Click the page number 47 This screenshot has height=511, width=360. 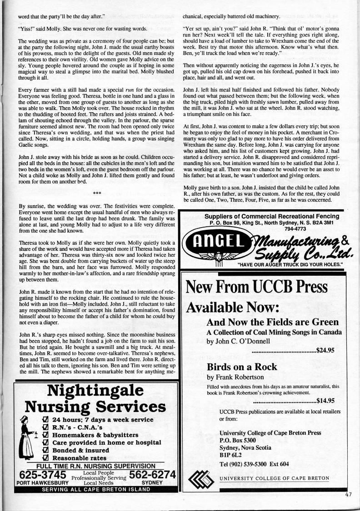[349, 495]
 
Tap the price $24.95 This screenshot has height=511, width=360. [325, 350]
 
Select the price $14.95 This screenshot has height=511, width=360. [325, 401]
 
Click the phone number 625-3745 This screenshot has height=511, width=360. [36, 474]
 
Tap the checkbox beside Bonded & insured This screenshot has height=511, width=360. [45, 450]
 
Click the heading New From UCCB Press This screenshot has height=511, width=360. [257, 287]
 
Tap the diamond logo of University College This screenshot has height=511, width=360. [200, 479]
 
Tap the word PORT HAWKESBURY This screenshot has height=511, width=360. [36, 482]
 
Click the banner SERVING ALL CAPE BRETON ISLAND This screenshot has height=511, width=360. [95, 489]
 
